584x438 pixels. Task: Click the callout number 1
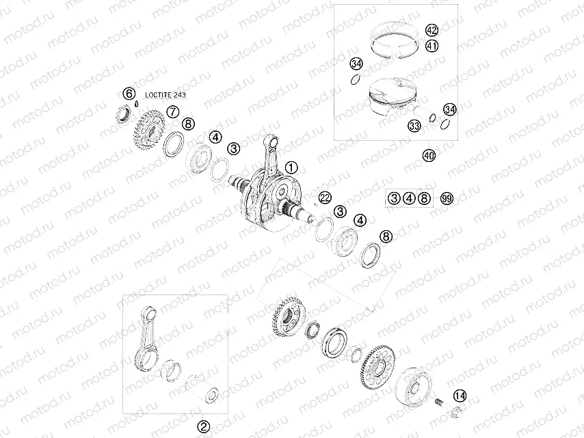pyautogui.click(x=291, y=166)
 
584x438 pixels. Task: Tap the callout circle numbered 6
pyautogui.click(x=128, y=94)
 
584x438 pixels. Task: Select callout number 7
pyautogui.click(x=173, y=111)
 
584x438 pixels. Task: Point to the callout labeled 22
pyautogui.click(x=325, y=197)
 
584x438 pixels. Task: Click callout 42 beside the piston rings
pyautogui.click(x=432, y=31)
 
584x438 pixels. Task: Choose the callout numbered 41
pyautogui.click(x=432, y=46)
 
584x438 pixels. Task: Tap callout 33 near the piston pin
pyautogui.click(x=414, y=126)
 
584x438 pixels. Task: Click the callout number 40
pyautogui.click(x=429, y=156)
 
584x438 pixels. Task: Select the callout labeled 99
pyautogui.click(x=447, y=199)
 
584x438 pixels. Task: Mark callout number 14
pyautogui.click(x=460, y=395)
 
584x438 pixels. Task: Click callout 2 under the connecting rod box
pyautogui.click(x=203, y=425)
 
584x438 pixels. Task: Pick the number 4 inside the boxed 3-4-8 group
pyautogui.click(x=409, y=199)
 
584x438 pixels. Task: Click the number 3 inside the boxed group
pyautogui.click(x=394, y=199)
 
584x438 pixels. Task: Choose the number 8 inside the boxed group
pyautogui.click(x=424, y=199)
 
